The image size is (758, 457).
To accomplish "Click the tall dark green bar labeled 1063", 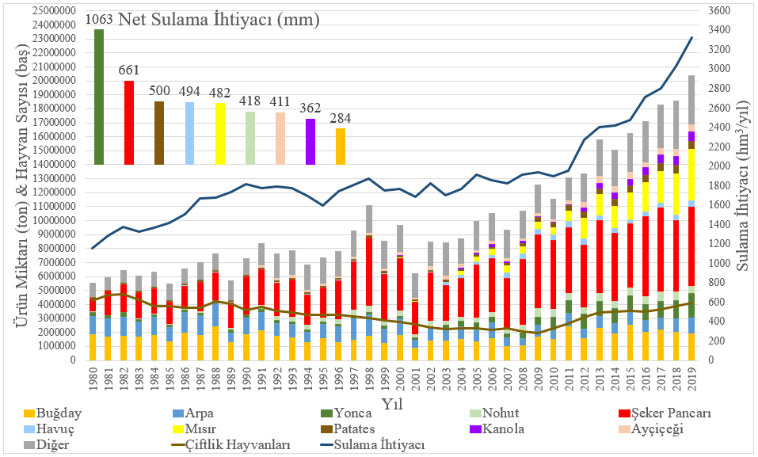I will pos(99,97).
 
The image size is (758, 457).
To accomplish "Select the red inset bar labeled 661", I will pos(129,123).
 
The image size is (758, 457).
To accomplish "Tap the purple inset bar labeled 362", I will pos(310,142).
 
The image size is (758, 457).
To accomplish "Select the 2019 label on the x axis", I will pos(691,382).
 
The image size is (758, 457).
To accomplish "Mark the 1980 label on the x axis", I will pos(93,382).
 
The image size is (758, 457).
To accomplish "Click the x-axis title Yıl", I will pos(389,404).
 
